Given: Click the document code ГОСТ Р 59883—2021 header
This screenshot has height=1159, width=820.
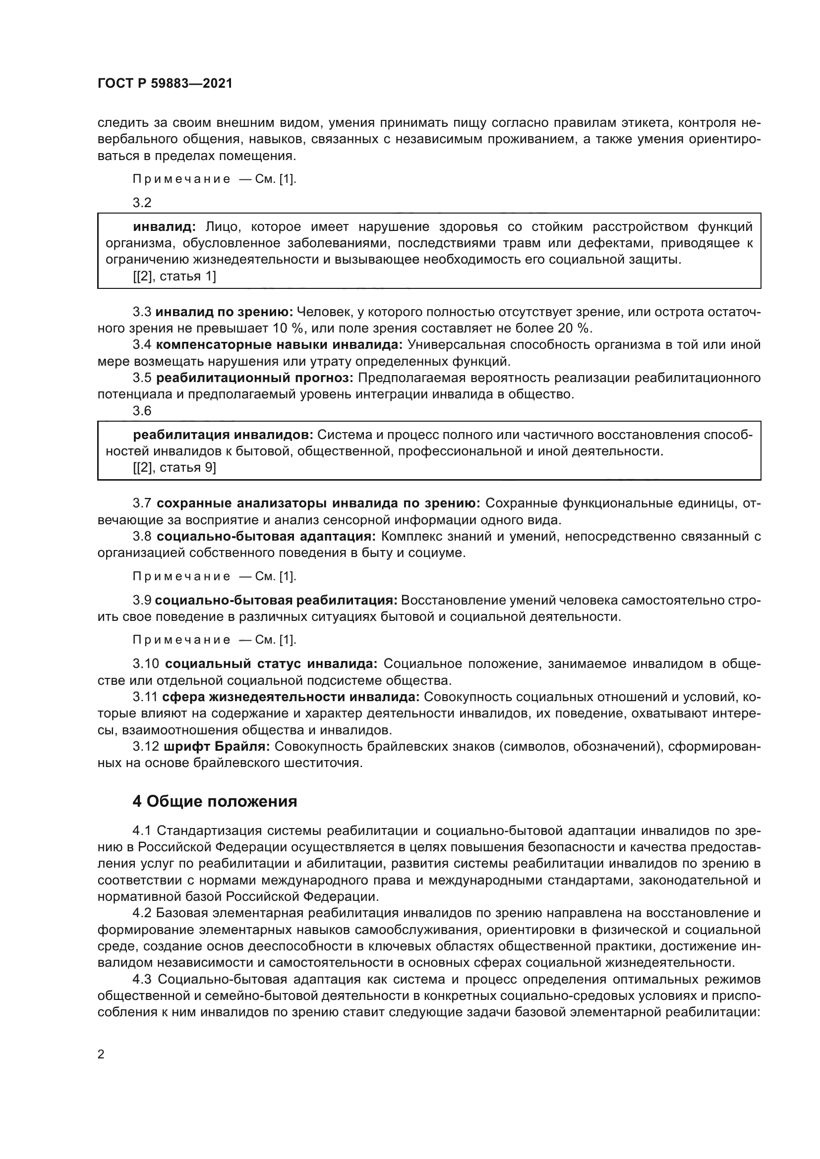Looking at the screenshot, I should [x=165, y=84].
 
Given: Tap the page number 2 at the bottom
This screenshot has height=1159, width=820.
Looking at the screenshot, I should [x=101, y=1054].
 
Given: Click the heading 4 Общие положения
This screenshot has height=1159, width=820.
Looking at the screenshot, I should [x=215, y=801].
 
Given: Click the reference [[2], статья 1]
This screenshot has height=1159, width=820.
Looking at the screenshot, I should [x=174, y=276].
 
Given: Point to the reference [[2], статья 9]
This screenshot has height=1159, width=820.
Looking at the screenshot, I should [x=174, y=467].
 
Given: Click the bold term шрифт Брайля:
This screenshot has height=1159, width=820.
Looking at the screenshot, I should [x=217, y=746].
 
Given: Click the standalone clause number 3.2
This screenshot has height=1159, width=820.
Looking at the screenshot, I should [x=142, y=203].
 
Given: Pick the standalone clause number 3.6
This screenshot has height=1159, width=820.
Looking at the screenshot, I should [x=142, y=411].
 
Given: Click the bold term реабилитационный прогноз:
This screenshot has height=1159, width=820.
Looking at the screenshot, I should [x=254, y=378].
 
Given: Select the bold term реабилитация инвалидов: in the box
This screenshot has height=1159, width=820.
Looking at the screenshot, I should [x=223, y=435].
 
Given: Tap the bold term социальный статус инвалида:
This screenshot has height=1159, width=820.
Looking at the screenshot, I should [x=271, y=663].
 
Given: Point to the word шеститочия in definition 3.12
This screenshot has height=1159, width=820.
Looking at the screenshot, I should [x=329, y=763].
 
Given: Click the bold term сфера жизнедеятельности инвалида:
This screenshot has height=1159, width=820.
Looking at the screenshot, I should [x=291, y=697].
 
